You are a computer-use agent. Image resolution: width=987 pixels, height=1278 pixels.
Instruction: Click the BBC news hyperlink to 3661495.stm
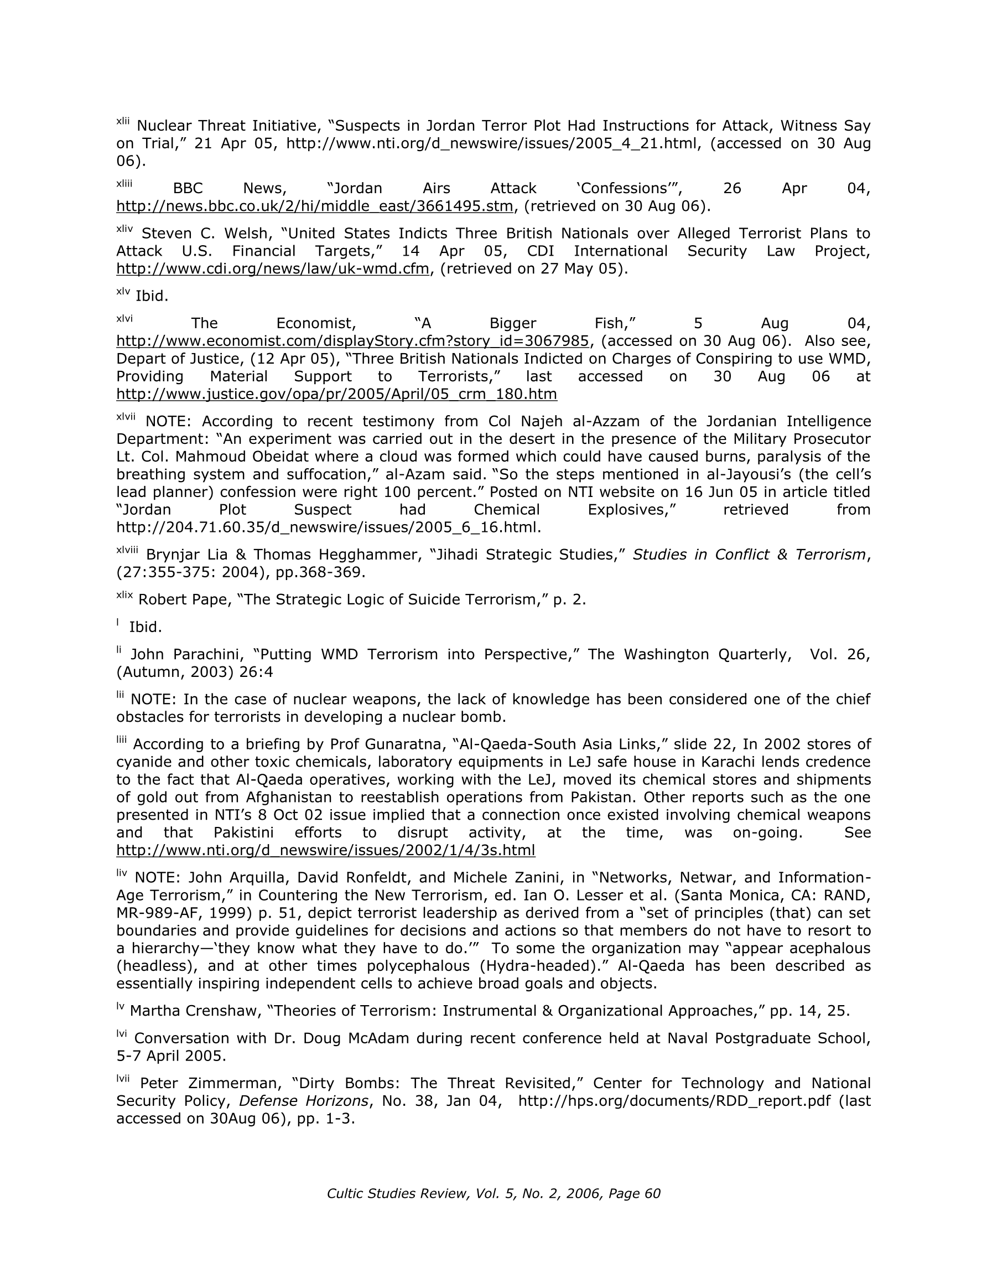tap(315, 206)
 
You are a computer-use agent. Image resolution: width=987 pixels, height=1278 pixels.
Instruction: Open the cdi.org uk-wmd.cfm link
tap(273, 268)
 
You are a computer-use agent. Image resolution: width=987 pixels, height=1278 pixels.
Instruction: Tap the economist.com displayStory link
tap(352, 340)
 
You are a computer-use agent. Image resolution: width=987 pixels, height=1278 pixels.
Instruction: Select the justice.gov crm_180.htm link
tap(336, 394)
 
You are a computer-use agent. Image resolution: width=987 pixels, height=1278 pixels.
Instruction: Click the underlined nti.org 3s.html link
tap(325, 850)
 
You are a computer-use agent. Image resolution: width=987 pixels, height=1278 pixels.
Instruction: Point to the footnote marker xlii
tap(123, 121)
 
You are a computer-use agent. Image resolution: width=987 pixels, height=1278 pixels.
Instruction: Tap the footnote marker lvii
tap(123, 1078)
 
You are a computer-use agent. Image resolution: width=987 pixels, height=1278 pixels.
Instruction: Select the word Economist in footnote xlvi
tap(316, 323)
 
